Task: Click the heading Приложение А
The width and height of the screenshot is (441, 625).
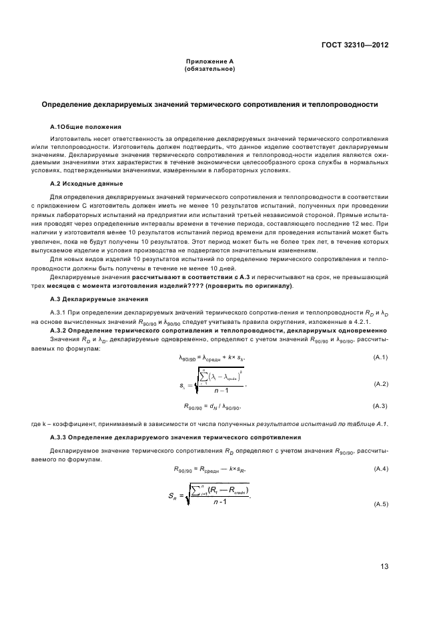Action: (x=209, y=61)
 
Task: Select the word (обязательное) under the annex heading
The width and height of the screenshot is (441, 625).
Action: (x=209, y=68)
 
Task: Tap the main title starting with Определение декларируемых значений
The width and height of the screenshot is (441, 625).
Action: (x=209, y=104)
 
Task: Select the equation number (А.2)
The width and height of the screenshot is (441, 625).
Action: (x=380, y=384)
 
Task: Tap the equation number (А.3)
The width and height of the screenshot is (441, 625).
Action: (x=380, y=406)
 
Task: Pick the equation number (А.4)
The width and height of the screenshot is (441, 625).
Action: (x=380, y=468)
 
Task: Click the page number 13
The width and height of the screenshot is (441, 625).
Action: (x=384, y=567)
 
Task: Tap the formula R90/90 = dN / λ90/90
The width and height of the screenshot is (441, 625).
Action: (x=211, y=407)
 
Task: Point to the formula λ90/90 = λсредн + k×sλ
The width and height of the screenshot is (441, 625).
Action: (x=211, y=359)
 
